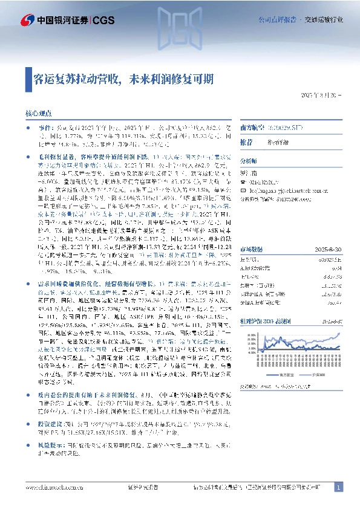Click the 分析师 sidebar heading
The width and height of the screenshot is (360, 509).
[249, 161]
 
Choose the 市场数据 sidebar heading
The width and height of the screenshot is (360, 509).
[251, 215]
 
